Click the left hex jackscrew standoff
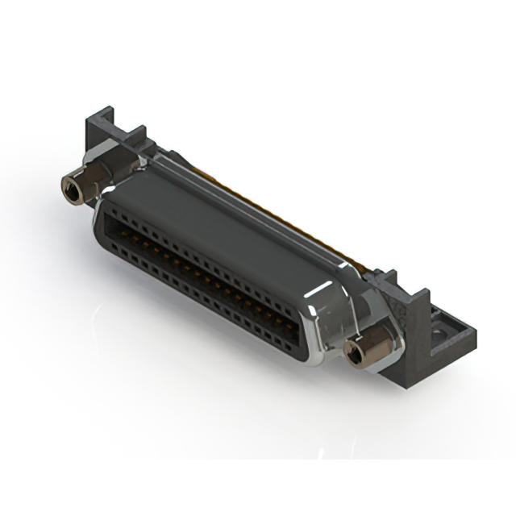(78, 186)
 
